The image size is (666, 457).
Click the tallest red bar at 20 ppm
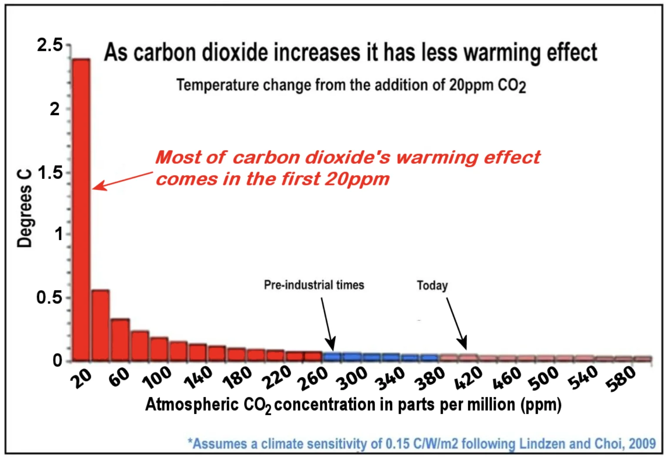pyautogui.click(x=81, y=209)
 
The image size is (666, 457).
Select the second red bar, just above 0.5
pyautogui.click(x=100, y=325)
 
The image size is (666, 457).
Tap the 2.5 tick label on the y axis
pyautogui.click(x=50, y=45)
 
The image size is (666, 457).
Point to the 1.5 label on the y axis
pyautogui.click(x=50, y=173)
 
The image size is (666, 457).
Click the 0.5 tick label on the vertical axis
pyautogui.click(x=49, y=298)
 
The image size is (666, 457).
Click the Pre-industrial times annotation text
pyautogui.click(x=314, y=285)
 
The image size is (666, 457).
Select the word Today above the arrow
pyautogui.click(x=432, y=286)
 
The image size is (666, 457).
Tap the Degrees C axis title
pyautogui.click(x=24, y=209)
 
